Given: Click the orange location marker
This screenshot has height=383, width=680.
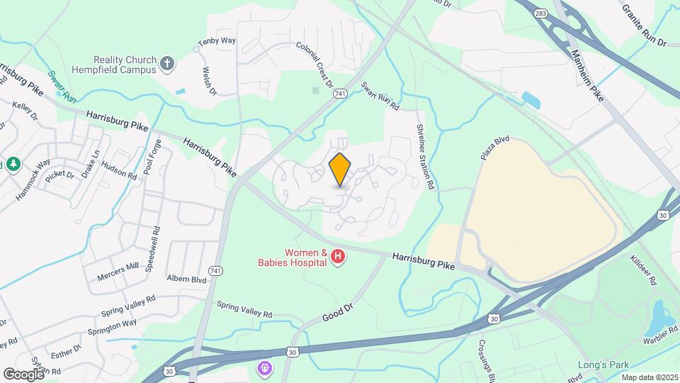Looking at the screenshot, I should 340,169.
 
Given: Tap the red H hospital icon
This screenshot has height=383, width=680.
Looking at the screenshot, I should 338,257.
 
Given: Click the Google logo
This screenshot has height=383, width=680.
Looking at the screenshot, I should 23,374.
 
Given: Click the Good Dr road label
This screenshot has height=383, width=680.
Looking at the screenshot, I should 336,309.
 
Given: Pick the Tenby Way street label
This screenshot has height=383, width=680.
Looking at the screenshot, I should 217,41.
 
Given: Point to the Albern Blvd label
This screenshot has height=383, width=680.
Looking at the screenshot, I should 186,279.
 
